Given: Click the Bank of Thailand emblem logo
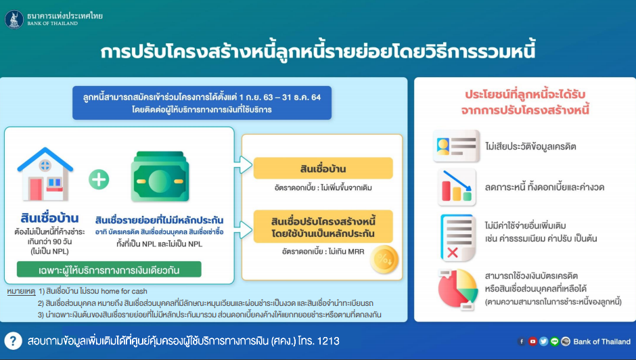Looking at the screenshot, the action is tap(14, 20).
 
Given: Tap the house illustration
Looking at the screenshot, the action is tap(45, 174).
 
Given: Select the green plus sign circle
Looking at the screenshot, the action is tap(99, 179).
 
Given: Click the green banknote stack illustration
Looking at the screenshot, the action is tap(160, 177).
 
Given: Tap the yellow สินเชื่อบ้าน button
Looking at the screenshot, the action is tap(323, 168).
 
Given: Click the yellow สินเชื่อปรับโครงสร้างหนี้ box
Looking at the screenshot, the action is tap(323, 227).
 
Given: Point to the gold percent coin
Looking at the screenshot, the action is tap(384, 259).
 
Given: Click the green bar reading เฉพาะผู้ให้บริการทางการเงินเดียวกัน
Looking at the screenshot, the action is tap(109, 269).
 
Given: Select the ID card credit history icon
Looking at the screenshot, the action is tap(456, 146).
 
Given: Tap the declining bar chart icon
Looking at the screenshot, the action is tap(457, 187).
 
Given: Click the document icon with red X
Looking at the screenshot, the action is tap(457, 238).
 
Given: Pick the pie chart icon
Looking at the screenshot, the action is tap(458, 289).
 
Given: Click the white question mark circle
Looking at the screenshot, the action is tap(13, 341).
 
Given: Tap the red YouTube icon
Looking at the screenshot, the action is tap(532, 341).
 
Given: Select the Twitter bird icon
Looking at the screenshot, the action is tap(543, 341).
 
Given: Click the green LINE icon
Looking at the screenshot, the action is tap(555, 341).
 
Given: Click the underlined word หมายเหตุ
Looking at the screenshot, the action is tap(21, 292).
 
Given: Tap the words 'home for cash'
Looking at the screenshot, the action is tap(124, 291).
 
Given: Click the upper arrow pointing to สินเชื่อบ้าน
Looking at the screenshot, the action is tap(243, 165).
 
